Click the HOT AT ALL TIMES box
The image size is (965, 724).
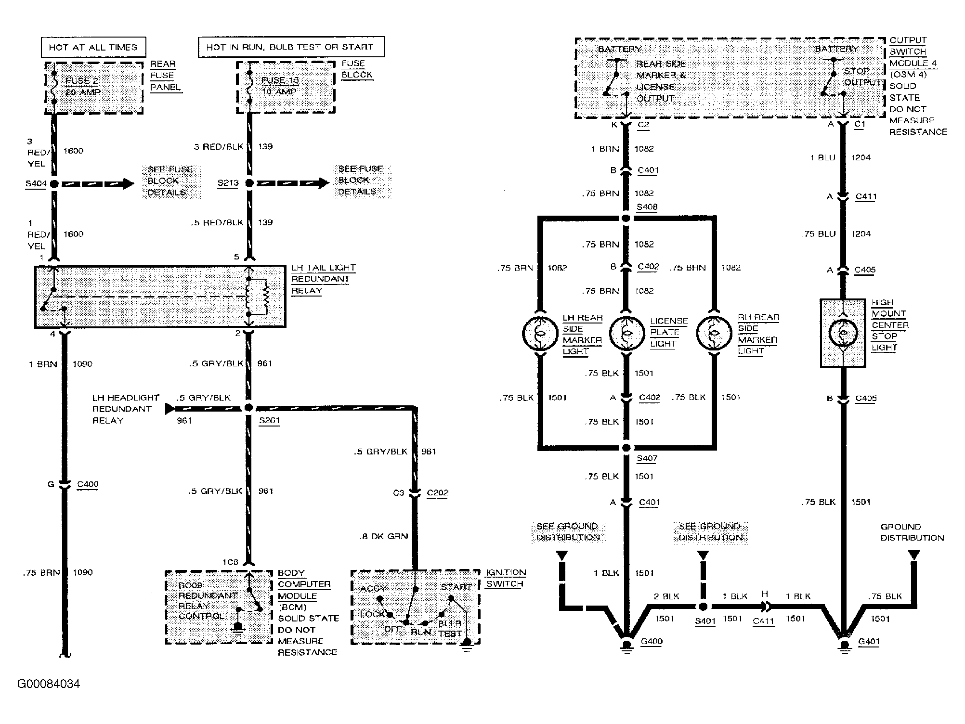click(x=93, y=47)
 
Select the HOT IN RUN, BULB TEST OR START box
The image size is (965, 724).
click(x=291, y=47)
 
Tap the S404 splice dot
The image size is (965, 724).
click(x=54, y=183)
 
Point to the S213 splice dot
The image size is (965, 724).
click(x=249, y=183)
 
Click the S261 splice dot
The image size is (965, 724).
click(x=249, y=408)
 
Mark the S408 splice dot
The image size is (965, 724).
click(x=626, y=218)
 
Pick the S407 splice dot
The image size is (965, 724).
click(x=626, y=448)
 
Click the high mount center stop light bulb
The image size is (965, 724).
click(x=843, y=333)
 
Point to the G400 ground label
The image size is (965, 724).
click(x=652, y=641)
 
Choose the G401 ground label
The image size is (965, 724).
click(x=869, y=641)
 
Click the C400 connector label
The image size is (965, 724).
click(x=88, y=484)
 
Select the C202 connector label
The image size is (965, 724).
click(x=437, y=493)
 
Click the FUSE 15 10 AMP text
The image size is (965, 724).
click(x=279, y=86)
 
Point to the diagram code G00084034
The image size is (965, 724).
click(x=49, y=684)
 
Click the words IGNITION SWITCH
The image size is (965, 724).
click(x=505, y=578)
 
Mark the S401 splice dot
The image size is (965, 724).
click(x=703, y=607)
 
